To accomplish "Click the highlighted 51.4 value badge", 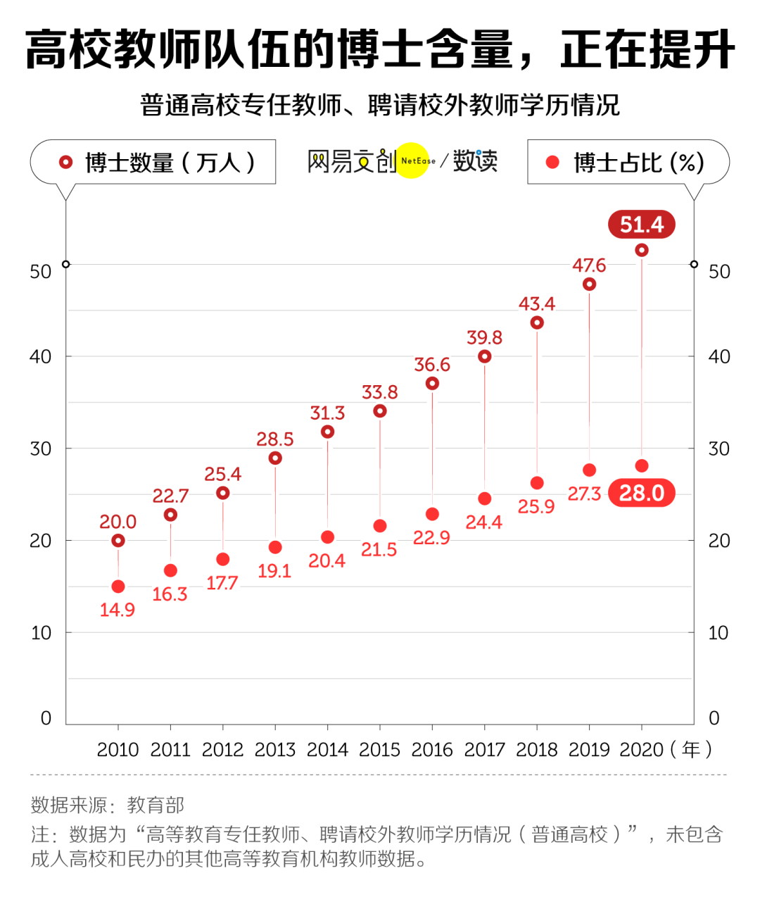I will [x=641, y=225].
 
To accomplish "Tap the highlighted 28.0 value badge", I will [x=641, y=493].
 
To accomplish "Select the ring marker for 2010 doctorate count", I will [x=118, y=541].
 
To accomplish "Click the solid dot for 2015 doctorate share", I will [x=380, y=526].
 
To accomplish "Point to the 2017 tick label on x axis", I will [x=484, y=750].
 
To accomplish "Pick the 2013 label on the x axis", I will [x=275, y=750].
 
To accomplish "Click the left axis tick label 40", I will [x=41, y=357].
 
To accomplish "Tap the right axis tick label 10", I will [x=718, y=633].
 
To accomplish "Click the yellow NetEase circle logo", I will [x=412, y=161].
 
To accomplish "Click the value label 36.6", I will [x=432, y=365].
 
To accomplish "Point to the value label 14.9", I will [x=118, y=610].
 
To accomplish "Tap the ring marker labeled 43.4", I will [x=537, y=322].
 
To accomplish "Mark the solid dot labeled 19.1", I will [x=275, y=548].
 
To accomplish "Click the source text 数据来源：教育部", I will [x=108, y=805].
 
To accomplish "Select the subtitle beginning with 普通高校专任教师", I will [x=380, y=106].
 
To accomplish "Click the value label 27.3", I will [x=585, y=494].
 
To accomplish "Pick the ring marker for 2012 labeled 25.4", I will [x=223, y=493].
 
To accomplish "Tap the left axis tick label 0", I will [x=46, y=718].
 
